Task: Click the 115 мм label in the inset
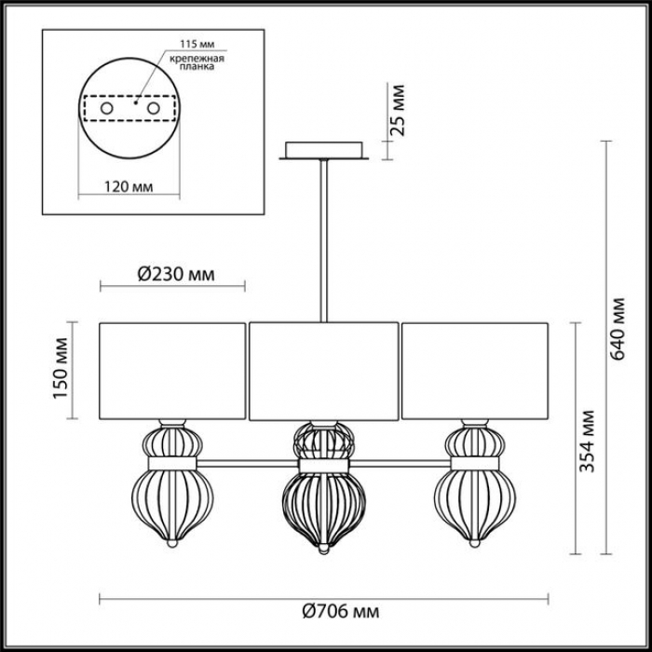point(197,45)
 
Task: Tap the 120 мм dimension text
point(129,186)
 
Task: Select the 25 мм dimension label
point(398,110)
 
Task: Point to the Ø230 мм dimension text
point(176,275)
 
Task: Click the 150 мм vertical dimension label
point(61,369)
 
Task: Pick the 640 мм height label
point(618,329)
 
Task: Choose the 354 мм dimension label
point(587,441)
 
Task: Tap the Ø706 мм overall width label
point(341,612)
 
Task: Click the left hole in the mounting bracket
point(107,109)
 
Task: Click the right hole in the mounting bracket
point(153,109)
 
